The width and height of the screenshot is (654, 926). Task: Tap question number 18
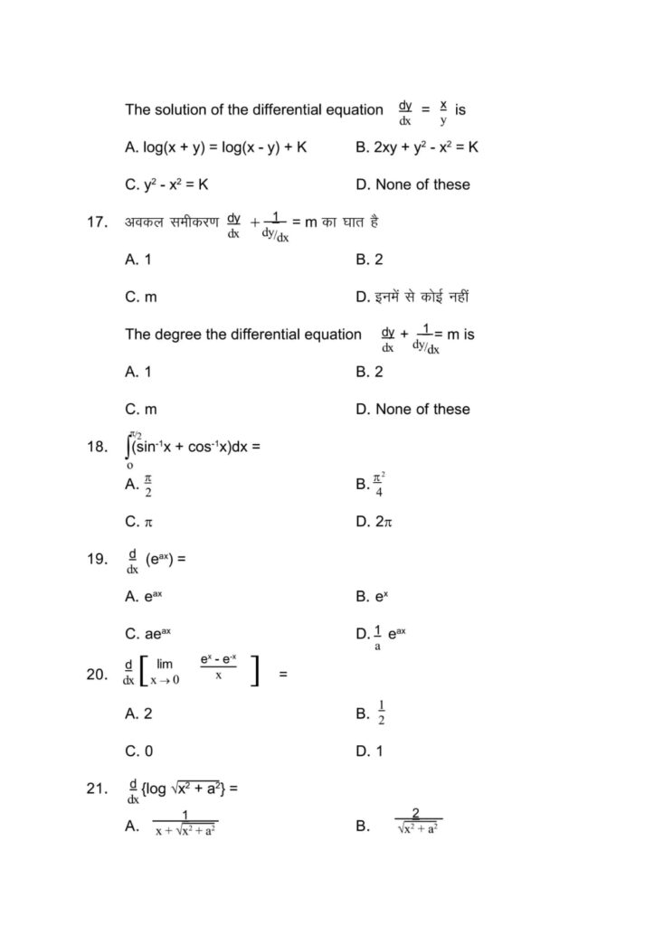coord(98,446)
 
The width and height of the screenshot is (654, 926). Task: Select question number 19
coord(98,559)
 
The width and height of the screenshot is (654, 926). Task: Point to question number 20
coord(98,673)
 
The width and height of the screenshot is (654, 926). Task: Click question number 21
coord(98,789)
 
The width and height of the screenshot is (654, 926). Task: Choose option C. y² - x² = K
coord(167,184)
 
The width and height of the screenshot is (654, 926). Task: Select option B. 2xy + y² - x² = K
coord(417,147)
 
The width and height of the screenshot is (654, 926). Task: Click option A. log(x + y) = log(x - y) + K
coord(216,147)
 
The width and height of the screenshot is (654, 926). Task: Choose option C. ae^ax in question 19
coord(148,634)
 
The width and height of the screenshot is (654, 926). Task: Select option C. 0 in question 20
coord(139,751)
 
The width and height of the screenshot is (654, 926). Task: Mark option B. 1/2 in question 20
coord(372,713)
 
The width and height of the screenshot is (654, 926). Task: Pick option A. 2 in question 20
coord(139,713)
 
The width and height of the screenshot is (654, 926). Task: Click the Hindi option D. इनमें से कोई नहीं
coord(412,297)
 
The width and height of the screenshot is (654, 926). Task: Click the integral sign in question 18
coord(129,446)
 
